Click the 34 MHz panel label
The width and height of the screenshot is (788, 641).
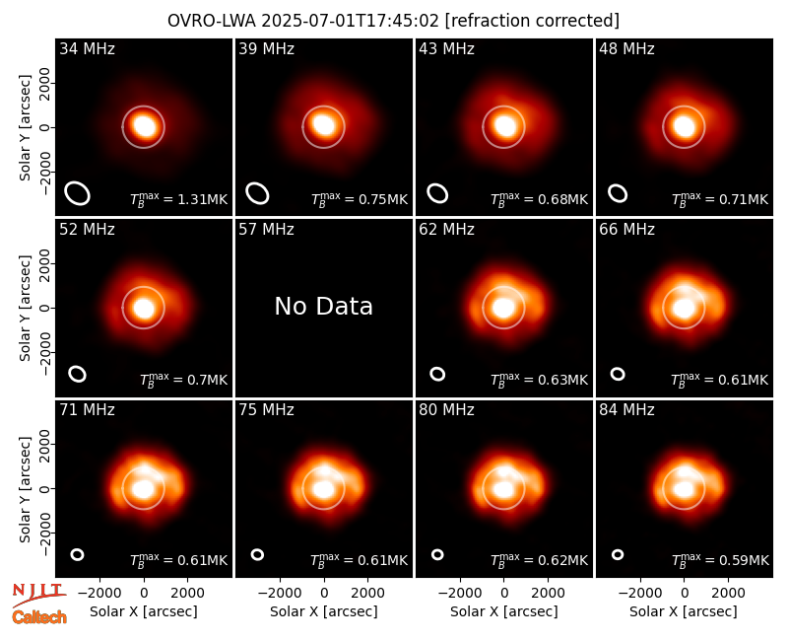pos(87,48)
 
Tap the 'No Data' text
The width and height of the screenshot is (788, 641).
pos(324,306)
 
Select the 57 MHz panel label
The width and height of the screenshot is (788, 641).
pos(266,230)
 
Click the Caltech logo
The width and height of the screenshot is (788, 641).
pos(39,617)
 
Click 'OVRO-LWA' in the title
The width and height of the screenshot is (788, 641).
pos(212,21)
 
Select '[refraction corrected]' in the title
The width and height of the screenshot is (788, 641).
pos(532,21)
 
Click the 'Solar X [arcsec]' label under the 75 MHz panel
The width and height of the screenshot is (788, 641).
pos(324,611)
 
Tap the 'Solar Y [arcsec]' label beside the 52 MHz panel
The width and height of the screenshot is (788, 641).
pos(25,308)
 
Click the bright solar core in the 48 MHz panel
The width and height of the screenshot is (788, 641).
pos(684,126)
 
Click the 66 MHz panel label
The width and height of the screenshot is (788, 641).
pos(626,230)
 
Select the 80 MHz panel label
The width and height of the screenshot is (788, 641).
pos(446,410)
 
